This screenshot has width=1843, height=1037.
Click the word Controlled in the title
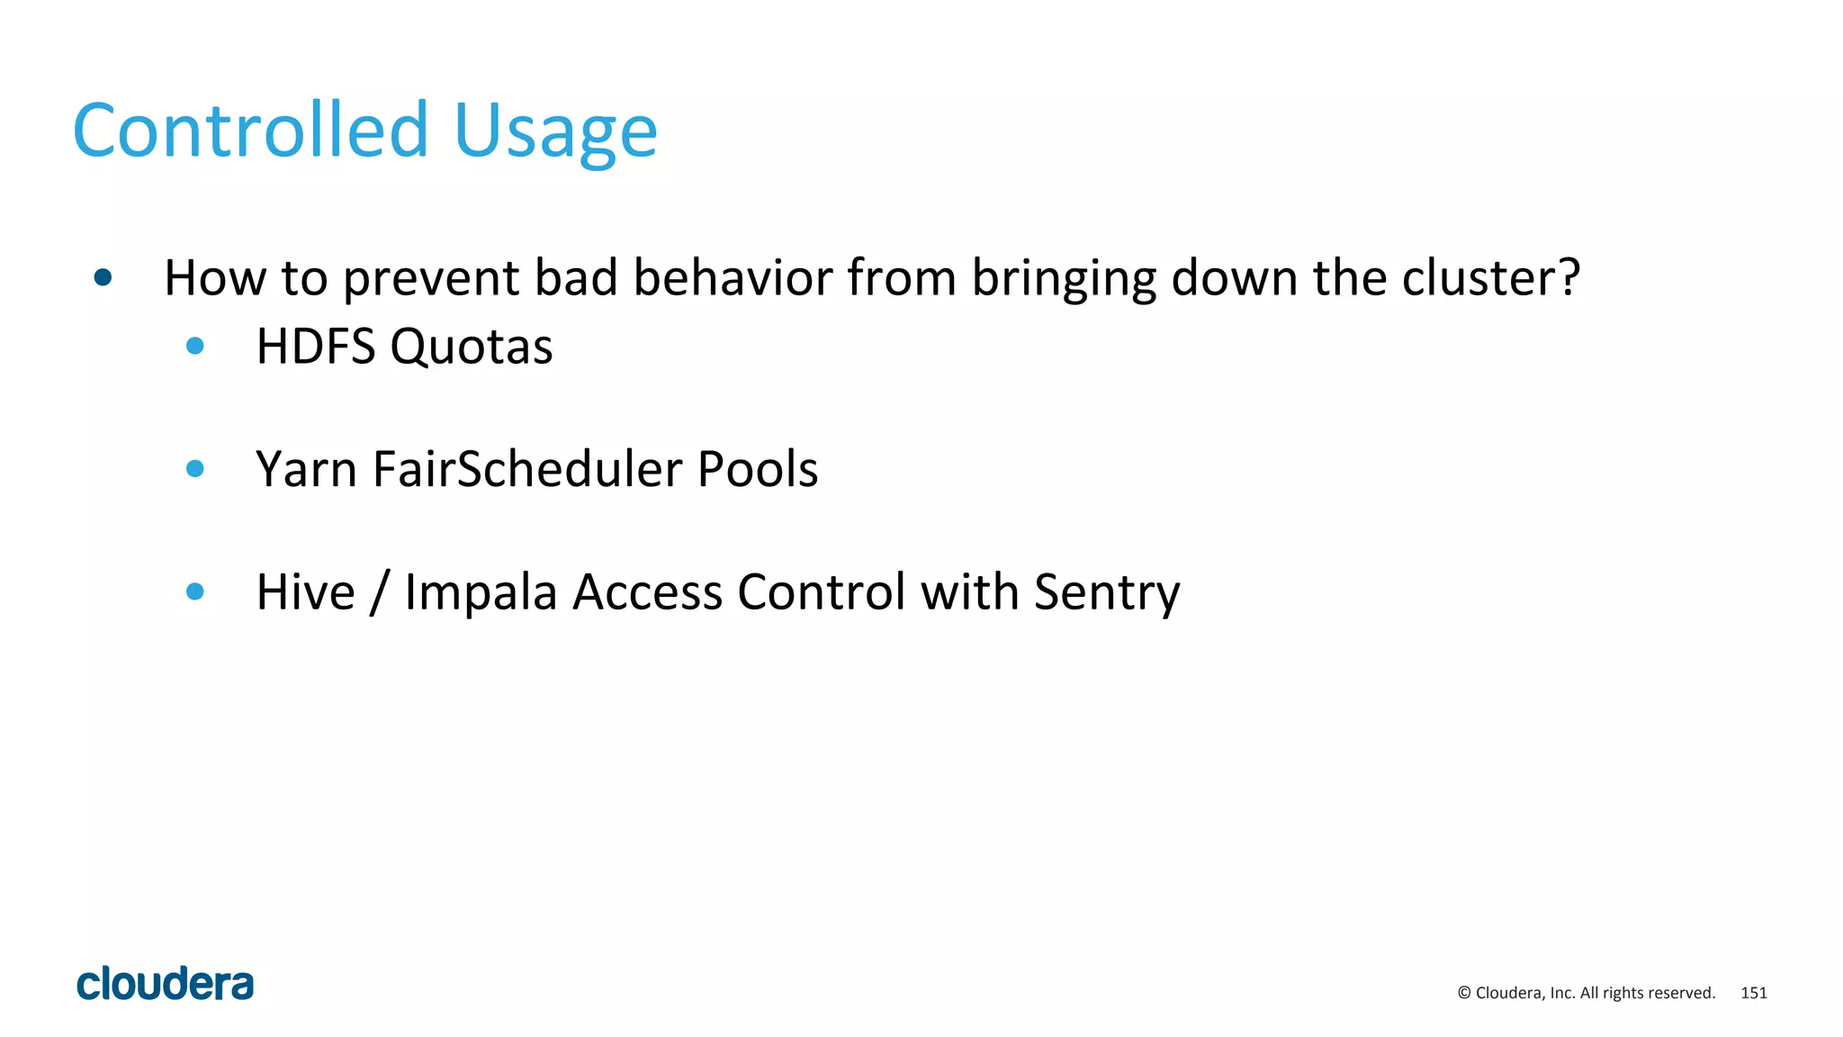pos(250,131)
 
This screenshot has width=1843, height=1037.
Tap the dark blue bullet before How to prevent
pos(103,277)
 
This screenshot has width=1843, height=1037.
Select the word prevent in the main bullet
pos(430,279)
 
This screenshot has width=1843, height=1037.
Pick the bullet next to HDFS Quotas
pos(194,346)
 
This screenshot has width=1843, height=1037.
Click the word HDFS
pos(315,347)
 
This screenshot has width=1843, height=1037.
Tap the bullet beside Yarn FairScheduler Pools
pos(194,468)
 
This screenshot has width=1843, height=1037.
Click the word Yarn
pos(306,470)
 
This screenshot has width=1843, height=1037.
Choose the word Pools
pos(758,470)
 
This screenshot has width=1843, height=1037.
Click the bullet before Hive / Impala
pos(194,591)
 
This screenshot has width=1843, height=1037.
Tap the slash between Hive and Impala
pos(380,593)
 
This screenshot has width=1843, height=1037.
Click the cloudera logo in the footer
pos(165,984)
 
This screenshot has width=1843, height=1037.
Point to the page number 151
pos(1754,993)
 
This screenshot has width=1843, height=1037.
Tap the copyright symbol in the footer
pos(1464,993)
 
